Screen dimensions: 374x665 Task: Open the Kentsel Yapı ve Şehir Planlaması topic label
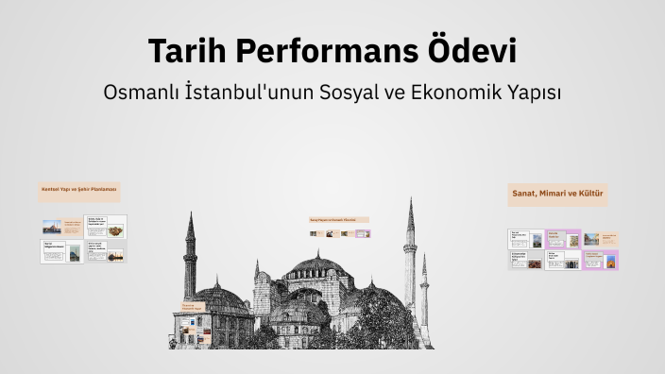click(78, 190)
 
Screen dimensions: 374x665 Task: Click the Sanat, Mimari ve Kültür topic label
click(557, 194)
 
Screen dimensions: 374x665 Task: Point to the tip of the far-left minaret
click(190, 214)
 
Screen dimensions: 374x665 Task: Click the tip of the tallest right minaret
click(411, 200)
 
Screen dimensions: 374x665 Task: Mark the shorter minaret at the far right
click(424, 283)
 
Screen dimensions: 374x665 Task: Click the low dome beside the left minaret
click(220, 297)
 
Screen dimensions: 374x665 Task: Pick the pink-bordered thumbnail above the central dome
click(366, 233)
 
